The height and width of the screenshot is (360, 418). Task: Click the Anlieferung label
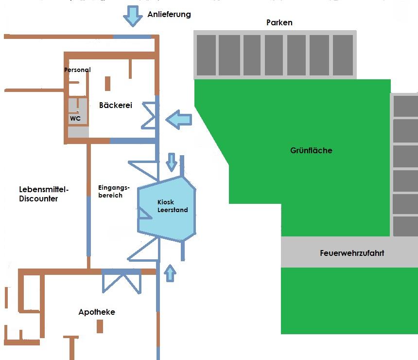point(169,15)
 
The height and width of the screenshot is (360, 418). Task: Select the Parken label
point(279,23)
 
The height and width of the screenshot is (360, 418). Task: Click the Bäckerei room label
point(116,105)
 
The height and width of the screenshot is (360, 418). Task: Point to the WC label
point(75,118)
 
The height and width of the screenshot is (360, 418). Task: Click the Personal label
point(77,70)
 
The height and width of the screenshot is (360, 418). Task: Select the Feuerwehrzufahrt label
point(352,253)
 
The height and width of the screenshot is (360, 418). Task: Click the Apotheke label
point(97,312)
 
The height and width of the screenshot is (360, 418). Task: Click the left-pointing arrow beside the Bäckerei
point(178,119)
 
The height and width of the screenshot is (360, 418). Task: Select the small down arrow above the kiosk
point(171,162)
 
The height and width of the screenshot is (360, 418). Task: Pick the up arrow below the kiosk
point(170,273)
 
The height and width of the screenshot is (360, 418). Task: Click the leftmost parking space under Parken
point(206,55)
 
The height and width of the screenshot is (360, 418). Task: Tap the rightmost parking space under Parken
point(343,55)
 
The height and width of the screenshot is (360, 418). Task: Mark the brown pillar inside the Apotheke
point(100,326)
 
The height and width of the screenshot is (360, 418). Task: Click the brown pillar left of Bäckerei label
point(107,83)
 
